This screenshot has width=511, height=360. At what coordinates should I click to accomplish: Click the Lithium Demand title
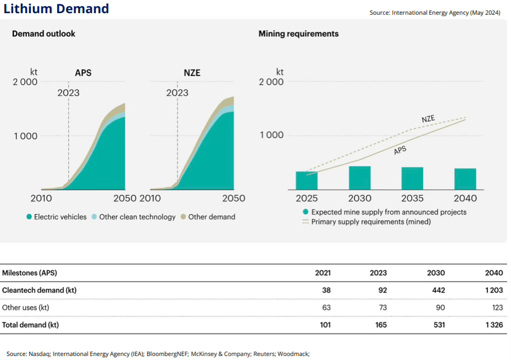[x=56, y=9]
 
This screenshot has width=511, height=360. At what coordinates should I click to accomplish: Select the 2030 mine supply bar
[x=359, y=178]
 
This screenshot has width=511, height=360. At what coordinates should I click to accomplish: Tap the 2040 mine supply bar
[x=465, y=179]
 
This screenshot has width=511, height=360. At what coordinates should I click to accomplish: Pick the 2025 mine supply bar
[x=306, y=181]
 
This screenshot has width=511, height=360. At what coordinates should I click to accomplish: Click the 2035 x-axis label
[x=412, y=199]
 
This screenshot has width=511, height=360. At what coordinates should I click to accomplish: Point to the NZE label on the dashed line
[x=428, y=120]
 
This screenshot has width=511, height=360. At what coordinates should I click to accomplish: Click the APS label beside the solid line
[x=400, y=150]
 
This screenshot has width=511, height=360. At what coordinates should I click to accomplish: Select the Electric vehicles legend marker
[x=29, y=217]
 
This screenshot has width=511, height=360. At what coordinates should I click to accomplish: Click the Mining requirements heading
[x=298, y=34]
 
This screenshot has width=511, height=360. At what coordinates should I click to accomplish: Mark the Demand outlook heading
[x=43, y=34]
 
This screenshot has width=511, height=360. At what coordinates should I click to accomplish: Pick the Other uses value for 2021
[x=326, y=307]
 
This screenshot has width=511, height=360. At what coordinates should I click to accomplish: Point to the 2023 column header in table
[x=378, y=273]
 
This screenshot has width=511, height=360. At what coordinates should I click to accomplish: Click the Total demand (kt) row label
[x=30, y=325]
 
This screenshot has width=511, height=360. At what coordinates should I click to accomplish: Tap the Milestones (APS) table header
[x=29, y=273]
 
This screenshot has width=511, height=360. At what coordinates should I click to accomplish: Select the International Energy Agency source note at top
[x=435, y=13]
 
